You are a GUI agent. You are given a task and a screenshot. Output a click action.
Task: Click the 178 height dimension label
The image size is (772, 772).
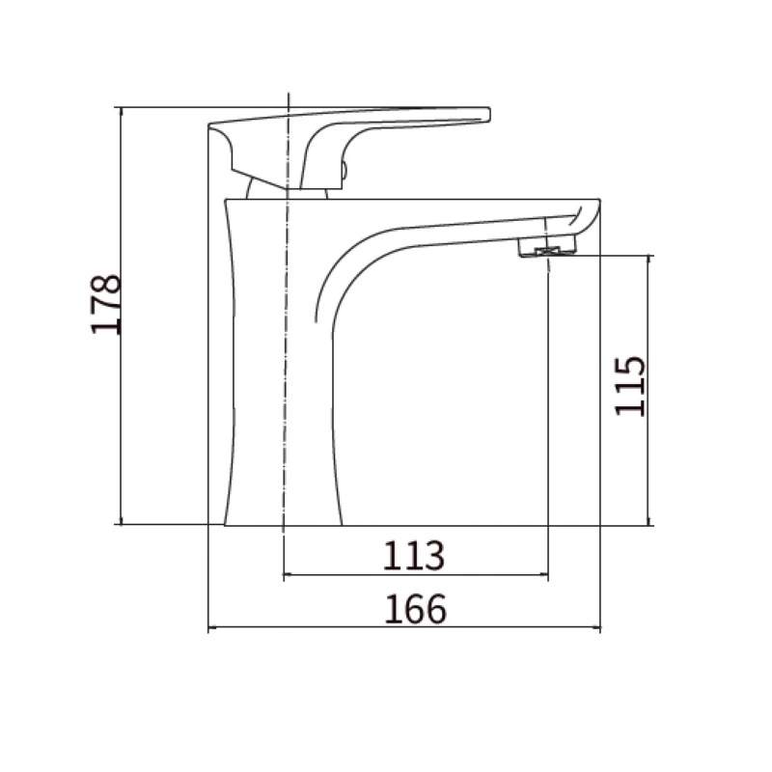coord(106,305)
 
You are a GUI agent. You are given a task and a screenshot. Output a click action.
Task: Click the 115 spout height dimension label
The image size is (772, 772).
coord(630,386)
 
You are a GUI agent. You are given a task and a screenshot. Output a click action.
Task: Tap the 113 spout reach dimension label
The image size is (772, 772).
coord(414,556)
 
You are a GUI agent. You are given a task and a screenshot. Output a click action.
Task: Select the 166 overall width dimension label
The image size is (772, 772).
coord(416,609)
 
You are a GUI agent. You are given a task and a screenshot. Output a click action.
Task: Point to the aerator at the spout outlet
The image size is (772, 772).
coord(546,247)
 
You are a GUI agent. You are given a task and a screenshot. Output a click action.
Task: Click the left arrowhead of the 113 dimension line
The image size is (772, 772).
coord(287,574)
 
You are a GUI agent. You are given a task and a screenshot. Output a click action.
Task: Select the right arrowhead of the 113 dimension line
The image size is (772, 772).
coord(543,574)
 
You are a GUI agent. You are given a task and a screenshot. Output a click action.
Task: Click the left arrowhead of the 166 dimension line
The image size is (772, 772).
coord(212,628)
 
